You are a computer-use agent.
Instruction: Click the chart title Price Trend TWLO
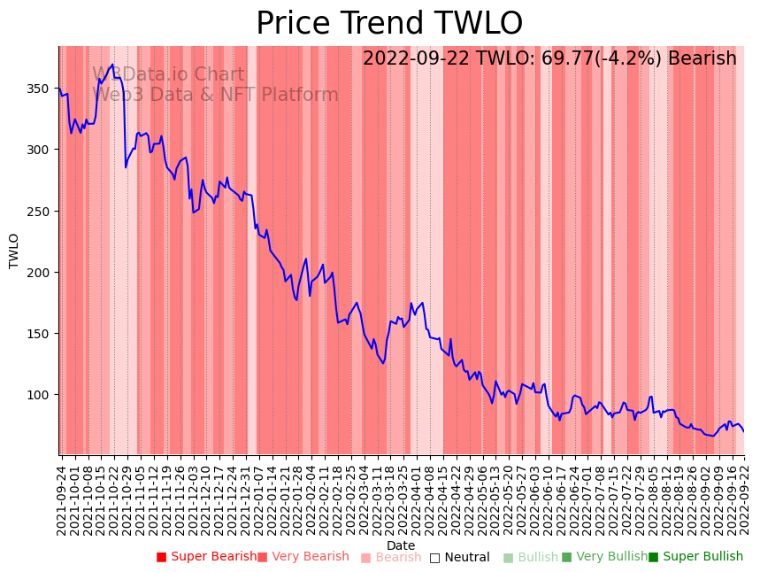point(389,24)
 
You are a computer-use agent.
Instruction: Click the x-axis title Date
point(401,545)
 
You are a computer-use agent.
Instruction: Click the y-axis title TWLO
point(14,251)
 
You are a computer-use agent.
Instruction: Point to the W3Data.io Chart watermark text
point(168,74)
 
